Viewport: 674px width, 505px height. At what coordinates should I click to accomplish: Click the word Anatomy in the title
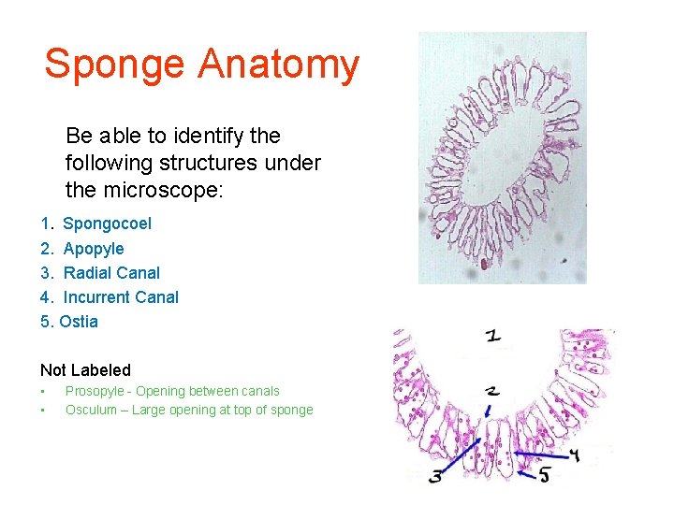[x=279, y=64]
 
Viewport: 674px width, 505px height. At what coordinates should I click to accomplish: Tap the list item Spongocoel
[x=107, y=224]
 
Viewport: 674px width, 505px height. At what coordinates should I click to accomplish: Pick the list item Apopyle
[x=93, y=249]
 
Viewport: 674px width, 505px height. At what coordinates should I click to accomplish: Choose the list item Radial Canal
[x=111, y=273]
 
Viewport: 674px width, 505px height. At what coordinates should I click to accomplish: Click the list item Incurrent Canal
[x=121, y=297]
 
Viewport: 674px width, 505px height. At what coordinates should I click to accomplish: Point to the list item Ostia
[x=79, y=322]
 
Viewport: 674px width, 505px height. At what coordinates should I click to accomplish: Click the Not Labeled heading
[x=85, y=370]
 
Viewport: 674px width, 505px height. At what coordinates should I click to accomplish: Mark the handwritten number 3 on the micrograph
[x=436, y=476]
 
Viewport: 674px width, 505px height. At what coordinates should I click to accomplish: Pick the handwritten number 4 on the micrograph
[x=576, y=455]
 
